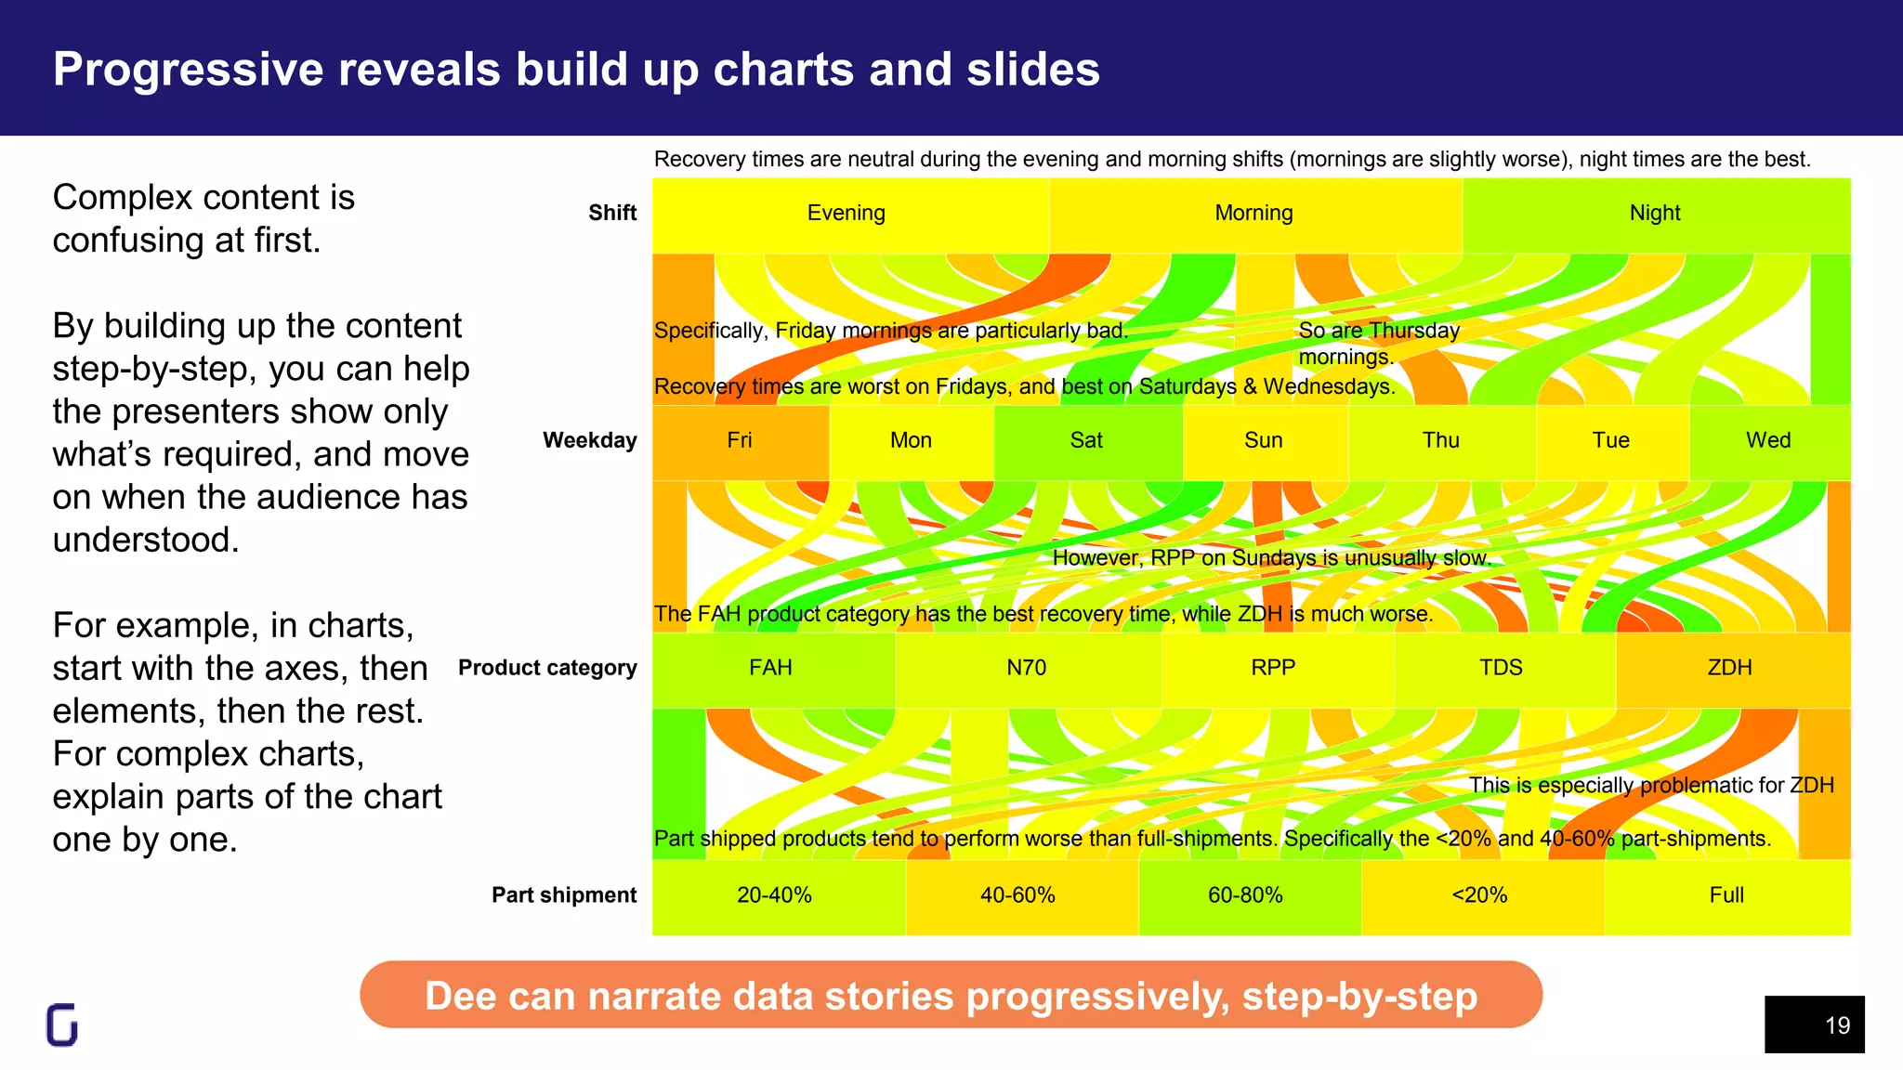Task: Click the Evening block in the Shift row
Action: [847, 214]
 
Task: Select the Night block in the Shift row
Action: [1655, 214]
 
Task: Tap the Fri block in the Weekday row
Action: [740, 441]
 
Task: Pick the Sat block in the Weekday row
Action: [1086, 441]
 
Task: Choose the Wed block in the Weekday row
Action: [1768, 441]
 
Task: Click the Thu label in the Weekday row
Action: [1441, 441]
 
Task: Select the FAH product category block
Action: [771, 669]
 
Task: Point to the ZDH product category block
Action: [1730, 669]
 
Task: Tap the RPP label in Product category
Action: [1273, 669]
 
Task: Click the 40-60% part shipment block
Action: [1018, 896]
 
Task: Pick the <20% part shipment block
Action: [1480, 896]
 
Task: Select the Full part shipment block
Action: [1726, 896]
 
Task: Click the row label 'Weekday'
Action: [590, 441]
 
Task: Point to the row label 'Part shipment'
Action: [564, 895]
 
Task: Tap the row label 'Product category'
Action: [547, 669]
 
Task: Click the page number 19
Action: [1837, 1025]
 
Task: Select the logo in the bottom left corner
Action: [62, 1025]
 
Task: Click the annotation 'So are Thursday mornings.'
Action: [1378, 344]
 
